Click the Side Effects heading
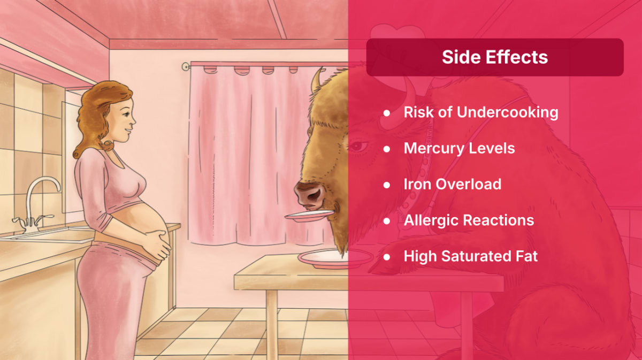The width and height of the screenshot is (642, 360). (x=495, y=57)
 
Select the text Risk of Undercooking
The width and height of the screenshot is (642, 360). (x=481, y=112)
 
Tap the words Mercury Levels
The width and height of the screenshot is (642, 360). (x=459, y=148)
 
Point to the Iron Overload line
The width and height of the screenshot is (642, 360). (x=453, y=184)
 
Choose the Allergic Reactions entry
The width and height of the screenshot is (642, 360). (x=469, y=220)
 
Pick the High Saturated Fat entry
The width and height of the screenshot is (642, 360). (x=471, y=256)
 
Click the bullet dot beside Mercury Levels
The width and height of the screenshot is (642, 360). (x=387, y=149)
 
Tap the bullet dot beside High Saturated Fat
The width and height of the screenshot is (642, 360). (x=387, y=257)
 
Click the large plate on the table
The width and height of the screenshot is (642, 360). (x=335, y=258)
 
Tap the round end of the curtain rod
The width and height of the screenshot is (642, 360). (x=186, y=67)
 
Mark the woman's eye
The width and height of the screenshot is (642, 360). (x=126, y=114)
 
